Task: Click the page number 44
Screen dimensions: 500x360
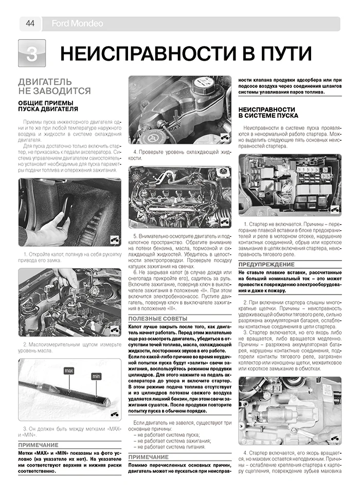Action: pyautogui.click(x=30, y=23)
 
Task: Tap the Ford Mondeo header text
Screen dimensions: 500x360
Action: pyautogui.click(x=77, y=24)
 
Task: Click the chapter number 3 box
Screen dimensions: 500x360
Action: pyautogui.click(x=31, y=53)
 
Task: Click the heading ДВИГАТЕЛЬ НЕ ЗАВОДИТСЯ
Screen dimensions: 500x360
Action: pyautogui.click(x=55, y=87)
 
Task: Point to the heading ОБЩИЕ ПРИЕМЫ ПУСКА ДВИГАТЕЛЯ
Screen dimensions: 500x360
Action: pyautogui.click(x=48, y=106)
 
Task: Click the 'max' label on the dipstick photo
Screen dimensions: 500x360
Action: pyautogui.click(x=68, y=371)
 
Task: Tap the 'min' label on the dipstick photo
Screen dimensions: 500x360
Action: pyautogui.click(x=96, y=377)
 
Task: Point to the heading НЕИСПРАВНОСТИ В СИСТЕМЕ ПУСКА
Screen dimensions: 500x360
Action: pyautogui.click(x=266, y=113)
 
